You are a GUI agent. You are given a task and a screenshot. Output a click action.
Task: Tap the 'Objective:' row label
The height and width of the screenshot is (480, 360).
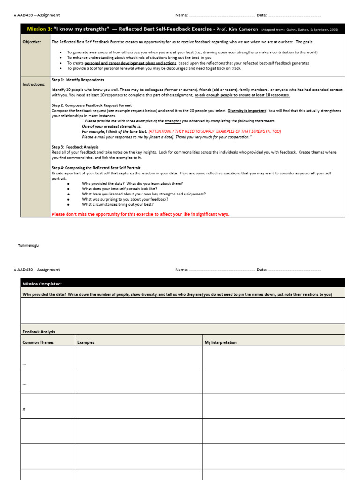[x=32, y=42]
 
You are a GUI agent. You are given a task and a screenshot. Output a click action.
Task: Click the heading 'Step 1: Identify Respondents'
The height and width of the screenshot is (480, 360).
[x=78, y=80]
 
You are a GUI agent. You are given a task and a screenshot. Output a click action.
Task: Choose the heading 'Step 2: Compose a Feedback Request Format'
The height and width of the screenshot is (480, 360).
[x=92, y=105]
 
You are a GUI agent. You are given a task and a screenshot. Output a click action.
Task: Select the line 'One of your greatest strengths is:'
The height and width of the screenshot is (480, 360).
[x=112, y=126]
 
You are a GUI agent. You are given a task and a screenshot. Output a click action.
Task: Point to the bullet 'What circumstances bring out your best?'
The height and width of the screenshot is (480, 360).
[x=119, y=204]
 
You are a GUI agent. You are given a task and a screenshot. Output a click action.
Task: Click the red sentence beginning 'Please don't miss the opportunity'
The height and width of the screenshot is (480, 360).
[x=141, y=214]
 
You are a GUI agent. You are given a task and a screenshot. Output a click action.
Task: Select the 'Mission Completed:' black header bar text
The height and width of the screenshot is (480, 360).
[x=42, y=284]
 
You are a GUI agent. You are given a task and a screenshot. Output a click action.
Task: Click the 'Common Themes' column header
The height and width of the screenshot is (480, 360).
[x=38, y=342]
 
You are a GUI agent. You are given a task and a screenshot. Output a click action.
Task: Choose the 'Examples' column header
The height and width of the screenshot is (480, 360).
[x=86, y=342]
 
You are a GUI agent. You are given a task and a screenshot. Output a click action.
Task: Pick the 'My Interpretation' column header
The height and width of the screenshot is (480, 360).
[x=221, y=342]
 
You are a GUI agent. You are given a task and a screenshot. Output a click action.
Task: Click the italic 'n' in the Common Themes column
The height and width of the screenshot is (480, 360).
[x=24, y=409]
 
